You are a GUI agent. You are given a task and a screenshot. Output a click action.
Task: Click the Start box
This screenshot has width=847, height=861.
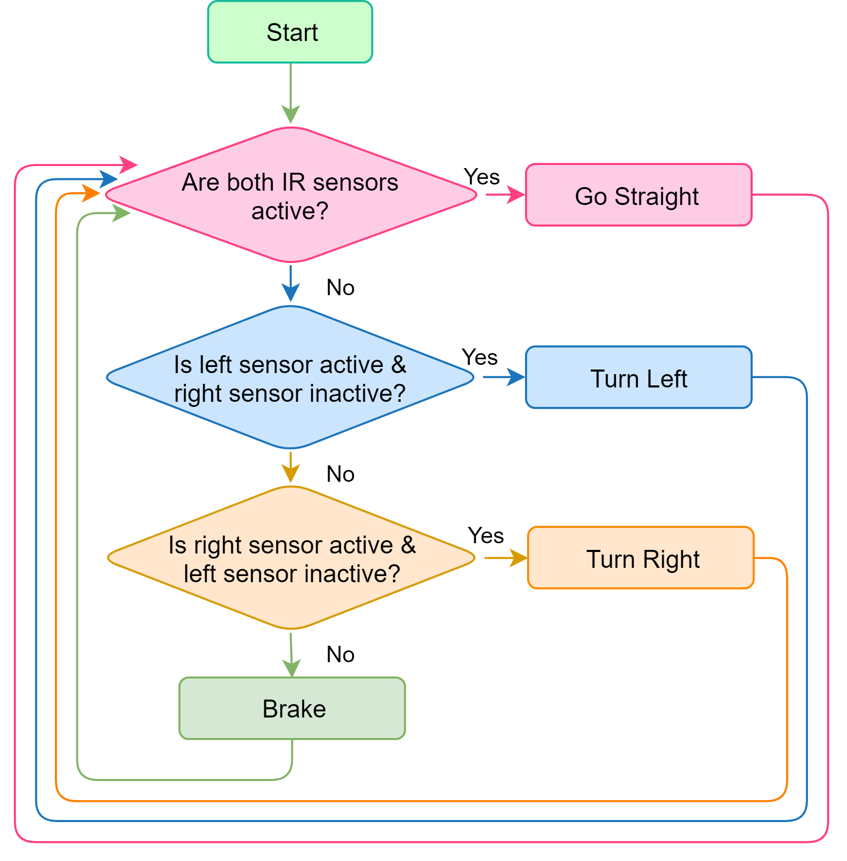290,32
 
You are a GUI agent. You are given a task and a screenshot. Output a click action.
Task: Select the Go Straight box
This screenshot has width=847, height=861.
638,195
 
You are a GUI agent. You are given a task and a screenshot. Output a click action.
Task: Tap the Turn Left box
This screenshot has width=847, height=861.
638,378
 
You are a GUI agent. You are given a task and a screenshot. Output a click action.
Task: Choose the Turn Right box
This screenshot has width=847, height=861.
640,558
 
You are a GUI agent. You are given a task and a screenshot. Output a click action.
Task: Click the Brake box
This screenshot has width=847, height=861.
292,708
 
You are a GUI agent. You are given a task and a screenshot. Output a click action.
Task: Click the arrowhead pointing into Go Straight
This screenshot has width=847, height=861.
516,195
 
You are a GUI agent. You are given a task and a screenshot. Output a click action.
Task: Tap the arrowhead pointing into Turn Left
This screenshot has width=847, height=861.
516,377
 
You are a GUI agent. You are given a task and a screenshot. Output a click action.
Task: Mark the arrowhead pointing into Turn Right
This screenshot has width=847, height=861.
518,558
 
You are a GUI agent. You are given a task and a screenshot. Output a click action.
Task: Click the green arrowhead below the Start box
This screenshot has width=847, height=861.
291,114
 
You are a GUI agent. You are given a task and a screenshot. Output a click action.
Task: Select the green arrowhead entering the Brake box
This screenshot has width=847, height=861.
292,667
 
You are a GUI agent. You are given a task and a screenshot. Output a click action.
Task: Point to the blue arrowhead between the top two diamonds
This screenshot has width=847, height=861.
291,293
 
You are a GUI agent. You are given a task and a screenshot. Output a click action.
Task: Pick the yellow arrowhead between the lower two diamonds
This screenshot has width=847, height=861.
291,473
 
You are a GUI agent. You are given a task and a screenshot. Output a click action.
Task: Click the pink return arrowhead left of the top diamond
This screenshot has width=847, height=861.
128,165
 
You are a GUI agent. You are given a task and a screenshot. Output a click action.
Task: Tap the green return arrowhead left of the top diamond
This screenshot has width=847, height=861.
121,213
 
